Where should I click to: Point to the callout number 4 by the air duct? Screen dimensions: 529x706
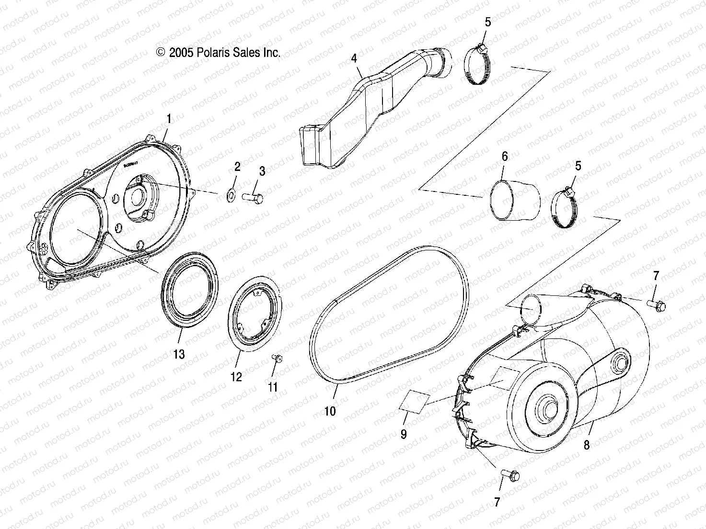pos(354,59)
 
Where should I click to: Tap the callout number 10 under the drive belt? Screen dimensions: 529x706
pos(330,410)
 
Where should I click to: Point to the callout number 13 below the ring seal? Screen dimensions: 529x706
pos(179,354)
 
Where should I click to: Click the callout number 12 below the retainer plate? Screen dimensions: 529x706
pos(237,376)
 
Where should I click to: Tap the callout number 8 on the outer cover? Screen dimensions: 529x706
pos(586,445)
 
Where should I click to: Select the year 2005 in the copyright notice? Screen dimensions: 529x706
pos(181,53)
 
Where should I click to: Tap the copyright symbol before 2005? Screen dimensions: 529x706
pos(161,53)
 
